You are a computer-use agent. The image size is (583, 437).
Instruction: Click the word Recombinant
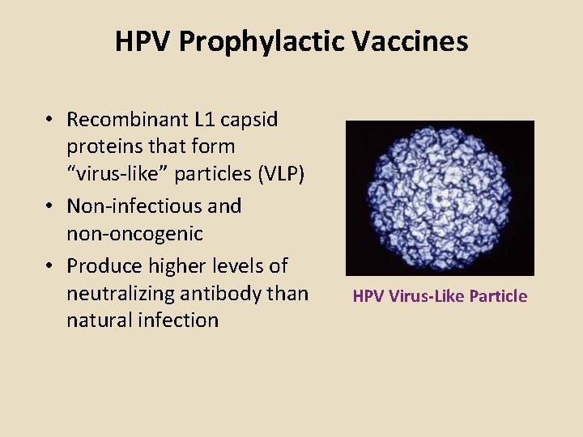(127, 120)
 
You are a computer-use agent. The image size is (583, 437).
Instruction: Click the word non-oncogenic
(134, 235)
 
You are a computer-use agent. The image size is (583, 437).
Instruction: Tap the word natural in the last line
(99, 320)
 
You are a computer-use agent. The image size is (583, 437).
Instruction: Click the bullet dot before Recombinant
(50, 121)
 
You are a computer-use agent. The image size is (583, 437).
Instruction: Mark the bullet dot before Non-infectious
(50, 207)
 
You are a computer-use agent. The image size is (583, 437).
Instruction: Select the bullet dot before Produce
(50, 266)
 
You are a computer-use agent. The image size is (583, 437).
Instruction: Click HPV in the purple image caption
(368, 296)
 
